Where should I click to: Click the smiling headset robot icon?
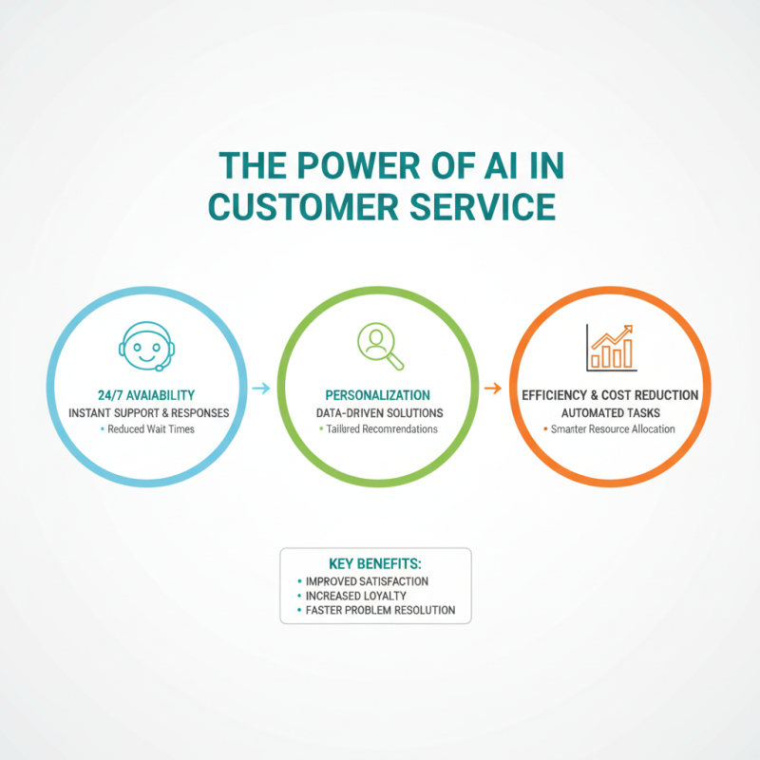point(147,346)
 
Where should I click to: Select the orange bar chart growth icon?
point(611,348)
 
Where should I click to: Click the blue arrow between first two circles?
point(260,388)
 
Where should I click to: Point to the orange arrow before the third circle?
point(493,388)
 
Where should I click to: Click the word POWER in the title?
point(358,165)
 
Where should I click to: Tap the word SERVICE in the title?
point(483,207)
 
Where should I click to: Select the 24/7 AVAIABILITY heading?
point(146,395)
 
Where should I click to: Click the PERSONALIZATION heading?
point(377,395)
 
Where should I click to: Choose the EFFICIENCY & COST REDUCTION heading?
point(610,395)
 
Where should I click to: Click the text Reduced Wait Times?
point(151,429)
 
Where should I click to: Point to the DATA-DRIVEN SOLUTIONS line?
point(379,413)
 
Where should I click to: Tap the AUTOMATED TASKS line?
point(611,413)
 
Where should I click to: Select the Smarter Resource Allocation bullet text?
point(613,429)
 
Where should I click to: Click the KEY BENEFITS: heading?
point(375,563)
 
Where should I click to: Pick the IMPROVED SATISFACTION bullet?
point(367,581)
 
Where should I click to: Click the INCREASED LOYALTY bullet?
point(355,596)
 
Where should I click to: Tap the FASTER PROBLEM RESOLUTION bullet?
point(381,610)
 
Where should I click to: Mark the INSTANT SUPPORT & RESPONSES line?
point(149,413)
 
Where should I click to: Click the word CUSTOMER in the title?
point(303,207)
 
